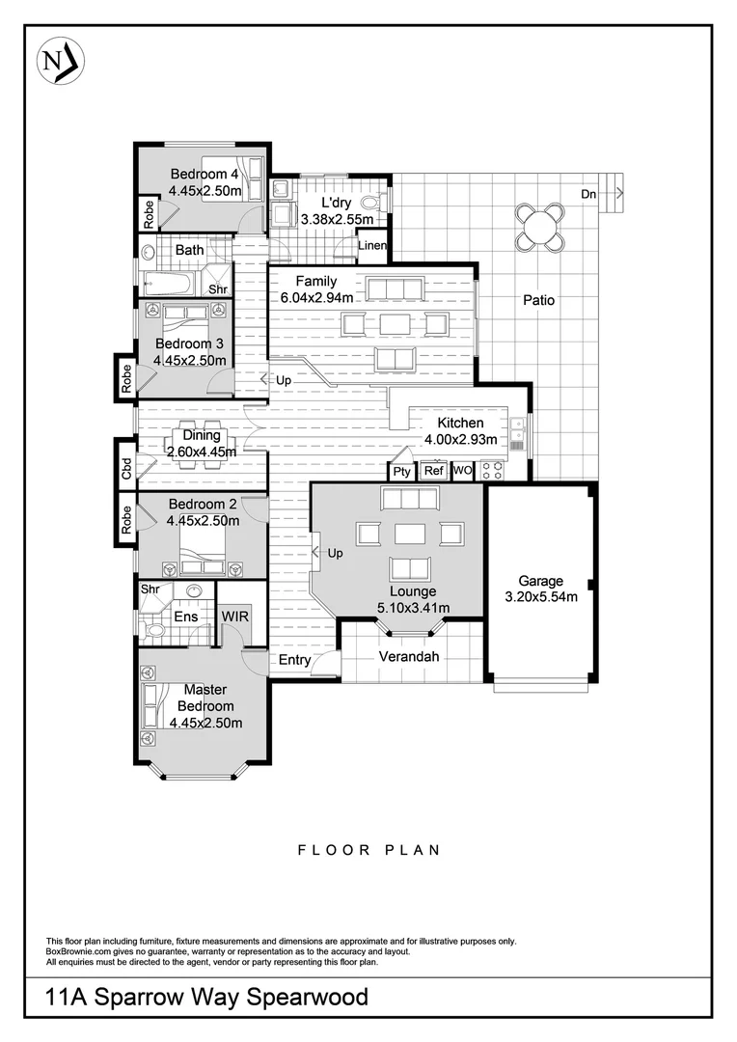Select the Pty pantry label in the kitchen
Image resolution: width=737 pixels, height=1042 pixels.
point(401,472)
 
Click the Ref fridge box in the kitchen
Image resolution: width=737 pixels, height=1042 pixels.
point(434,471)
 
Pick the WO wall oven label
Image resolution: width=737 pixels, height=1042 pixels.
point(463,471)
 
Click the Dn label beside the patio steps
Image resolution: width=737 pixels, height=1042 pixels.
point(588,194)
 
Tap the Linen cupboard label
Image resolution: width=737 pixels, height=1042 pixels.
point(372,246)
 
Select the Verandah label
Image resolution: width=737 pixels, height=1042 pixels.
point(408,657)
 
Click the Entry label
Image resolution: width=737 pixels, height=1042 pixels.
point(295,660)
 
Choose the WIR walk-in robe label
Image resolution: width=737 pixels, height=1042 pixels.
point(234,615)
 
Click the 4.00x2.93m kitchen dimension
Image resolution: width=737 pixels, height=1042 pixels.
point(460,440)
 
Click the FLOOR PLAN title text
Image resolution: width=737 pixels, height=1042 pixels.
point(368,850)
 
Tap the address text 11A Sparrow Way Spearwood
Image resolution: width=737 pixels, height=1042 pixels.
point(206,996)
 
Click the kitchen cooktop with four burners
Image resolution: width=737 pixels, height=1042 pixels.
point(492,471)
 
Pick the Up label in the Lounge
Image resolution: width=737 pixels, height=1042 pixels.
point(336,554)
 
